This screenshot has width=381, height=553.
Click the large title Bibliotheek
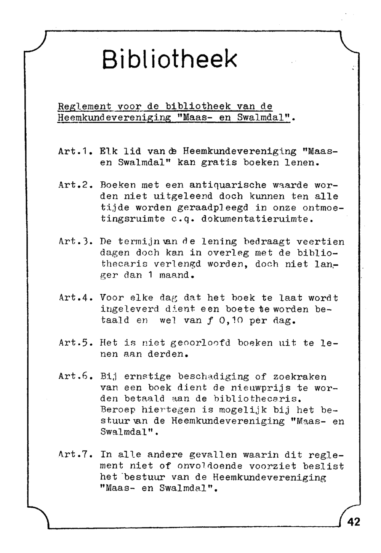click(x=170, y=59)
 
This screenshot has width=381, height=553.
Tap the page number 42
click(x=353, y=522)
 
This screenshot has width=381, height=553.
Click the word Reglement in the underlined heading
click(x=84, y=106)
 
